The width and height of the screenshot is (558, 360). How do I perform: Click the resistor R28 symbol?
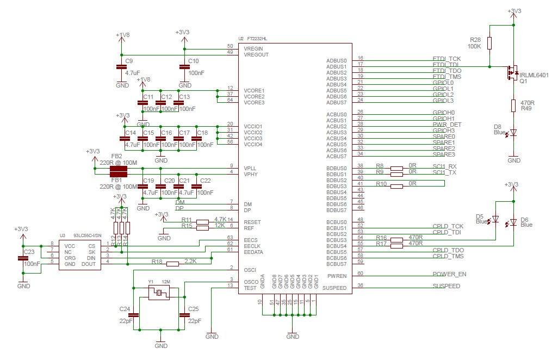coord(490,44)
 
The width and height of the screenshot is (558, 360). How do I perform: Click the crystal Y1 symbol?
coord(159,294)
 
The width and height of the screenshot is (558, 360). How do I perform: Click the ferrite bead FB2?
coord(119,168)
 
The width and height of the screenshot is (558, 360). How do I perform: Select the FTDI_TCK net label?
coord(447,58)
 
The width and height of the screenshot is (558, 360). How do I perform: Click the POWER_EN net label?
coord(449,274)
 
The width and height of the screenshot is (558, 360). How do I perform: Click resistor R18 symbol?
coord(172,264)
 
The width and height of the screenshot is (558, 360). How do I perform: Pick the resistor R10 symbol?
coord(397,187)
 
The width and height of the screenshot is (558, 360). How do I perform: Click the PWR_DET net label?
coord(447,125)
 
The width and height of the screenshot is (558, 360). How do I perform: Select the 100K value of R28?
coord(475,47)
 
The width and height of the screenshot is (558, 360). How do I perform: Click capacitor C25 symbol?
coord(179,314)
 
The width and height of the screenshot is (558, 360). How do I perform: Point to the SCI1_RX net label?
coord(445,166)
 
